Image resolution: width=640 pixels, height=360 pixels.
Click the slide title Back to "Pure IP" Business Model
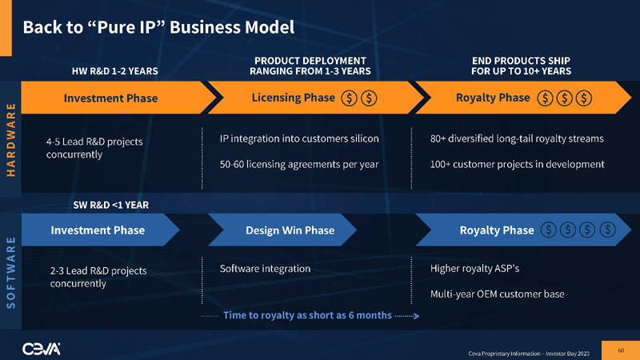[158, 27]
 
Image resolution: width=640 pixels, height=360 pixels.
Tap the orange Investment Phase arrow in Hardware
[110, 98]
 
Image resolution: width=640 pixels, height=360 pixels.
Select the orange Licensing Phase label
[293, 98]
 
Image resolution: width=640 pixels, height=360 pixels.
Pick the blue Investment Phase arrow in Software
[98, 230]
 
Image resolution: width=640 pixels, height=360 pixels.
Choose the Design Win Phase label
[290, 230]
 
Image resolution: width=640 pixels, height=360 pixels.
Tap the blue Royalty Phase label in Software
[496, 230]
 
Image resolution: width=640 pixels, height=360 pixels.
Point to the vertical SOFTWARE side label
[11, 271]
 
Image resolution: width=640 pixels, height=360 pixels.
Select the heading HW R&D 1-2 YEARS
[115, 71]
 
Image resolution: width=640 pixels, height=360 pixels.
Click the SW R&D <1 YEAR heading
[111, 204]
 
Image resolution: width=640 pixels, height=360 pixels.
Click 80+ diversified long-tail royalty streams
[517, 138]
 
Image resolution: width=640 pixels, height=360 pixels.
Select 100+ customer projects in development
[517, 164]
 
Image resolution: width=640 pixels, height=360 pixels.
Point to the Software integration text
[265, 268]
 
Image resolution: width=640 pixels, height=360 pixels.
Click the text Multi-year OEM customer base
[497, 294]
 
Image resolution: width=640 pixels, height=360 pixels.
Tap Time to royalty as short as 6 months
[307, 315]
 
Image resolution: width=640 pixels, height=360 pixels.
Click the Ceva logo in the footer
[41, 347]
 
